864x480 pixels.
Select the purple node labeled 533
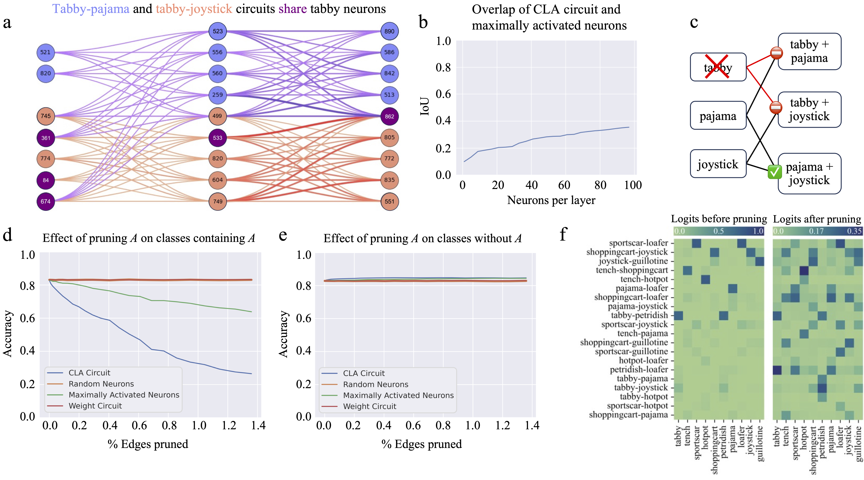[x=217, y=138]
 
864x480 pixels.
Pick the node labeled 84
[x=46, y=180]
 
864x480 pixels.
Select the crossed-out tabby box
[x=718, y=67]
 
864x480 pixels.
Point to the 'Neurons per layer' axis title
[x=551, y=200]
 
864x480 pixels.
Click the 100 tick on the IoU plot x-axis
[x=633, y=185]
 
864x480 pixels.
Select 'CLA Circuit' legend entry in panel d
[x=89, y=373]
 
